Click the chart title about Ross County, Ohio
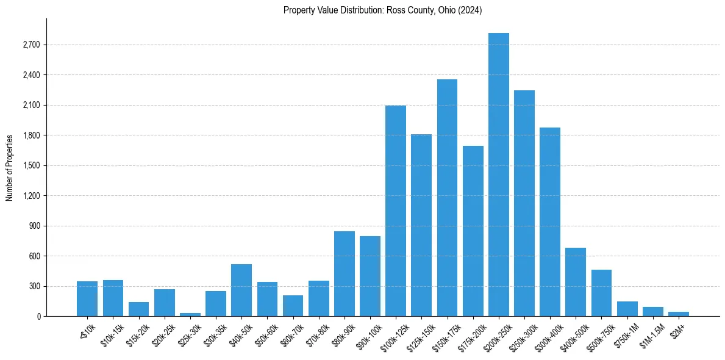pos(382,10)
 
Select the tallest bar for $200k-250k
pos(498,175)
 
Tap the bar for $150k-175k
pos(447,198)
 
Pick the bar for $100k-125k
pos(396,211)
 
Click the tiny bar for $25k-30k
pos(190,314)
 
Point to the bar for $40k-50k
pos(241,290)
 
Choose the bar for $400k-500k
pos(576,282)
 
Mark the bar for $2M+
pos(678,314)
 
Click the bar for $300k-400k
pos(550,221)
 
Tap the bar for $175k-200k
pos(473,231)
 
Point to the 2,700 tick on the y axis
pos(30,45)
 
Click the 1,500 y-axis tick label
pos(30,166)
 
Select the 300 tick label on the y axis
pos(34,286)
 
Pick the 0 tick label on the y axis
pos(38,317)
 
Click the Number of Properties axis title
pos(10,167)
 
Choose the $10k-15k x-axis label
pos(112,331)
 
